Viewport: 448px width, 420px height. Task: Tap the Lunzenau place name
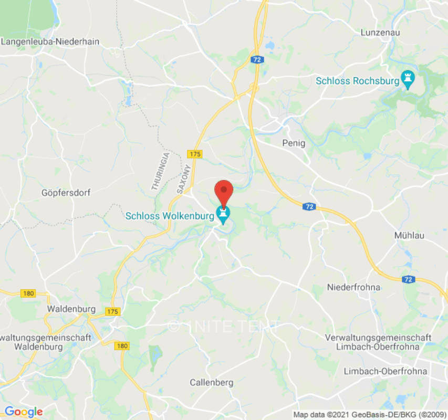(x=380, y=32)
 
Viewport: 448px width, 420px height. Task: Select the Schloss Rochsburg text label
(x=357, y=81)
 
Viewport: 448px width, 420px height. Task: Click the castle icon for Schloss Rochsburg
(x=408, y=79)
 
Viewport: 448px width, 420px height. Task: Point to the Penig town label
(x=294, y=143)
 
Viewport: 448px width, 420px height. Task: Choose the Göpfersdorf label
(x=66, y=193)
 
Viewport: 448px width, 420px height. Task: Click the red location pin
(x=224, y=192)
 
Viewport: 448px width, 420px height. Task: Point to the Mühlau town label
(x=409, y=236)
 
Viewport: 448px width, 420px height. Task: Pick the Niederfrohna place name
(x=353, y=287)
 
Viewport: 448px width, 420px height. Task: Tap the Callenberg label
(x=211, y=382)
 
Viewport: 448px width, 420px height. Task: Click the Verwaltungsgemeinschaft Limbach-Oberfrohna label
(x=378, y=342)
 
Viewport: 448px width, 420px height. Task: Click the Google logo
(x=23, y=412)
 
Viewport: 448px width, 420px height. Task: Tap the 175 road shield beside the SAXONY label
(x=194, y=154)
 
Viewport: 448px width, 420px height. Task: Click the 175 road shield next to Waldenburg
(x=112, y=311)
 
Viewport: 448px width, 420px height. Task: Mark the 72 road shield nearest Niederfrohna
(x=409, y=280)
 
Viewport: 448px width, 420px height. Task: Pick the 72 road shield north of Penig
(x=257, y=60)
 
